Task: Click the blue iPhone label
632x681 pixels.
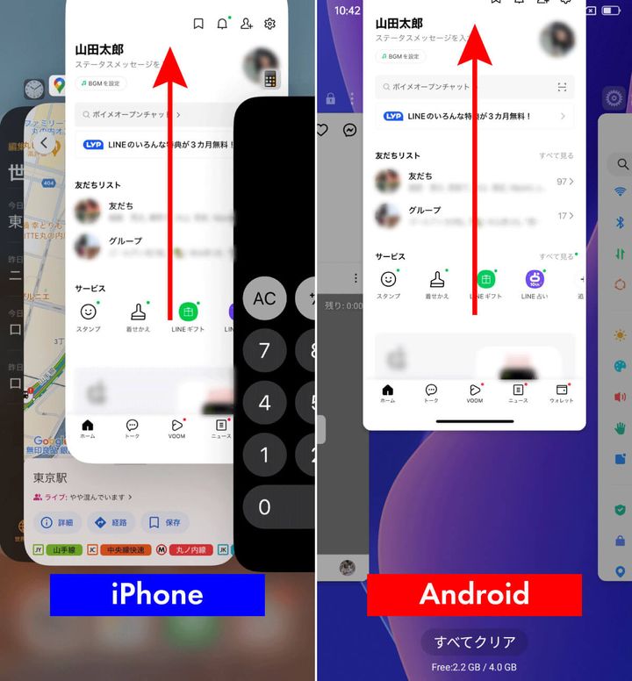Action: click(157, 594)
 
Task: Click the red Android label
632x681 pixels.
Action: click(474, 594)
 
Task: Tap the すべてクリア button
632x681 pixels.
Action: click(474, 642)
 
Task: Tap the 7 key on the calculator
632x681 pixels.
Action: click(264, 351)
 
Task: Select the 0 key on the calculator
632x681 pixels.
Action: click(264, 506)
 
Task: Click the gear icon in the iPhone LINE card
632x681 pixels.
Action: click(270, 24)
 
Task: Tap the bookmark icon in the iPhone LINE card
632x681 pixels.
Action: click(198, 24)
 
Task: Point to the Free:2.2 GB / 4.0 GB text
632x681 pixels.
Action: click(474, 667)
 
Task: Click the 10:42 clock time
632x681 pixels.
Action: click(347, 11)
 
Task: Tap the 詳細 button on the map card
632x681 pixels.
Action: click(58, 522)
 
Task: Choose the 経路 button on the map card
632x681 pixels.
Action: click(111, 522)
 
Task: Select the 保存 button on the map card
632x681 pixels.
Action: click(164, 522)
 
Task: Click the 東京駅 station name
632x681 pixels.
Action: click(51, 478)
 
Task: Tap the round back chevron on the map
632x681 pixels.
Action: click(44, 143)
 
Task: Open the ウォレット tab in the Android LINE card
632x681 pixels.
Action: click(561, 393)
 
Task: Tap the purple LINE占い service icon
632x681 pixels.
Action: click(535, 279)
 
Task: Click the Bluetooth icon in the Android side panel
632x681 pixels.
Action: click(621, 223)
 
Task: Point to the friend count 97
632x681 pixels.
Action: click(562, 182)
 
